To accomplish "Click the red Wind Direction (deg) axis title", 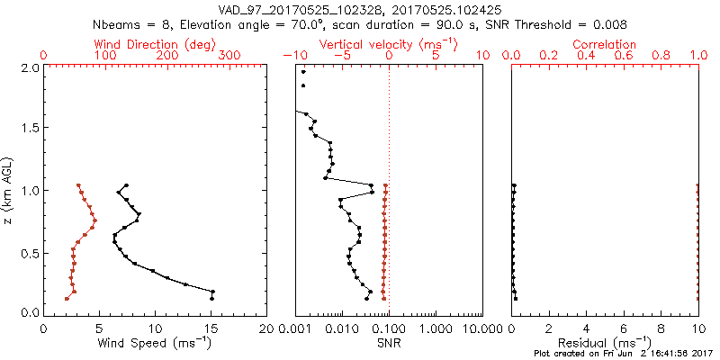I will [155, 44].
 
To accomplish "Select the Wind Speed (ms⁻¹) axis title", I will [155, 343].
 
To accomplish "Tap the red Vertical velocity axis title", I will [388, 44].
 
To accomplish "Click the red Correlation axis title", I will [605, 44].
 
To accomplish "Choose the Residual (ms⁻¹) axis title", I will [605, 343].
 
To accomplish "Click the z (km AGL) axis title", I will [9, 189].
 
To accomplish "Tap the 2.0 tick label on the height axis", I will [29, 67].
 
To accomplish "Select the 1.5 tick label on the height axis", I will [29, 129].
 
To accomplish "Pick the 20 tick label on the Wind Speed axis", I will [266, 328].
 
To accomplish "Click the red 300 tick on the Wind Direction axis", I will [229, 56].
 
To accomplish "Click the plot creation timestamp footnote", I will [623, 354].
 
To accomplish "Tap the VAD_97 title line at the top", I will [361, 8].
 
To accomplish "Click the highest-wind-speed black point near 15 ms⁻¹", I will [212, 292].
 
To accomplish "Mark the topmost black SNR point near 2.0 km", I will [303, 72].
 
